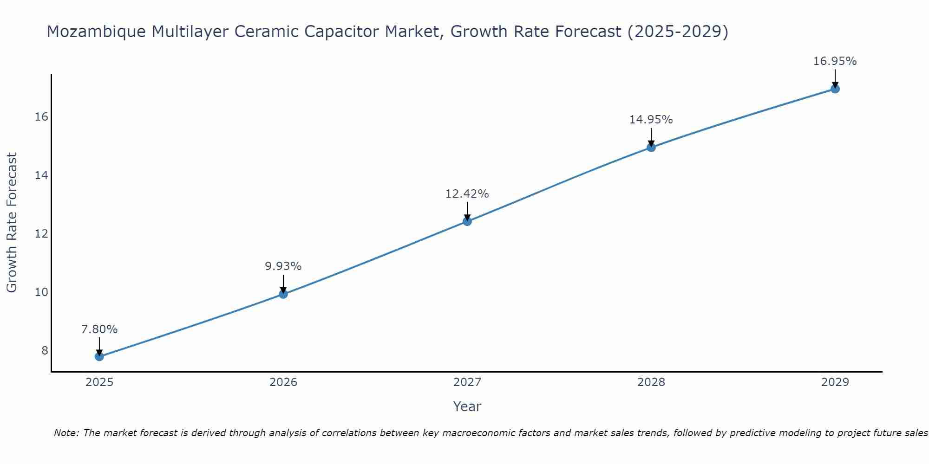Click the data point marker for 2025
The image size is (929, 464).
[x=99, y=356]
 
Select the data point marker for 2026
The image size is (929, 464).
[x=283, y=294]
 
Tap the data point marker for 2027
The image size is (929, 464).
[x=467, y=221]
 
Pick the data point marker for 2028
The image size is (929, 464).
[x=651, y=148]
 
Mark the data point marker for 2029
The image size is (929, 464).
[x=835, y=89]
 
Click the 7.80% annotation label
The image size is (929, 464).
[x=99, y=329]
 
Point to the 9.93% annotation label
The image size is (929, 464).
[x=283, y=266]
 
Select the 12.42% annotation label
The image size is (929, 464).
[x=467, y=194]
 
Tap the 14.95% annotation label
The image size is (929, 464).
[x=651, y=120]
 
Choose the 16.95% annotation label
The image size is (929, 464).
[x=835, y=61]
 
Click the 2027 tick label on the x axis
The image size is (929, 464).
[x=467, y=382]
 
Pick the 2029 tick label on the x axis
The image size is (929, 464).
[x=835, y=382]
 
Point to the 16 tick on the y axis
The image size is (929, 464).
[x=41, y=116]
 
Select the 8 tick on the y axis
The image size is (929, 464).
[x=45, y=350]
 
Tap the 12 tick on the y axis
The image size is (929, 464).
[x=41, y=233]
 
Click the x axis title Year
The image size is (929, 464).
[x=467, y=406]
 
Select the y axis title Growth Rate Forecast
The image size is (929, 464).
[x=12, y=223]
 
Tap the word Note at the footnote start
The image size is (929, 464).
[x=66, y=433]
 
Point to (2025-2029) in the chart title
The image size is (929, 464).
[x=678, y=32]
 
